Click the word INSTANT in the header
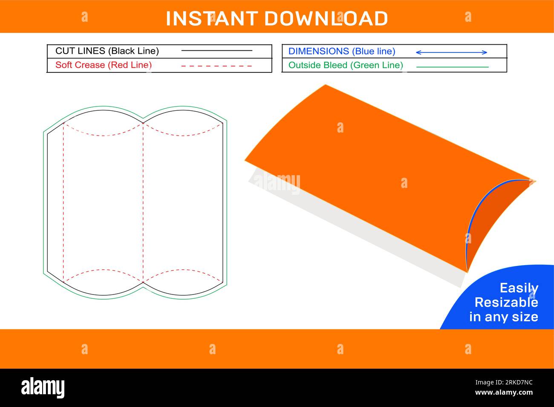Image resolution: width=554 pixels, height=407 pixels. [211, 19]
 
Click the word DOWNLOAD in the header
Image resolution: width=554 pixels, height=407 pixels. [326, 19]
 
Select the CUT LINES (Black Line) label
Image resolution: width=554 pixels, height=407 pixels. [107, 51]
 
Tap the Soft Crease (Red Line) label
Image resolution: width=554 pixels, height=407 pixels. [104, 65]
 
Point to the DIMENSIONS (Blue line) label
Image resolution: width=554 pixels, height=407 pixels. [342, 52]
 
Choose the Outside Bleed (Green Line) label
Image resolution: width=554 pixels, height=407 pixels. [346, 65]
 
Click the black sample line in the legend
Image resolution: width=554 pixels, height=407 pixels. [216, 51]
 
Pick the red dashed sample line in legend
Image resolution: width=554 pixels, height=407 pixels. [216, 66]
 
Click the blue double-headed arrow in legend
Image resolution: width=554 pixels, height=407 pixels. [451, 52]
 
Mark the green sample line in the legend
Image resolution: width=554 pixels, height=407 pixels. [452, 67]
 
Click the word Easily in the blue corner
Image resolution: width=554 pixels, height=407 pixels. [519, 288]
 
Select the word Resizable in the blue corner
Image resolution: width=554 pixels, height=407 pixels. [506, 303]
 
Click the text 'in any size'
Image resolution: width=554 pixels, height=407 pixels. [503, 317]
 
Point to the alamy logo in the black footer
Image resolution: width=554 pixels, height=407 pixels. [43, 388]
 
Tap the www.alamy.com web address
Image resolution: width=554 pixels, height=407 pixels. [504, 393]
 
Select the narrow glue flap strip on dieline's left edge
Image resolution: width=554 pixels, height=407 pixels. [55, 202]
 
